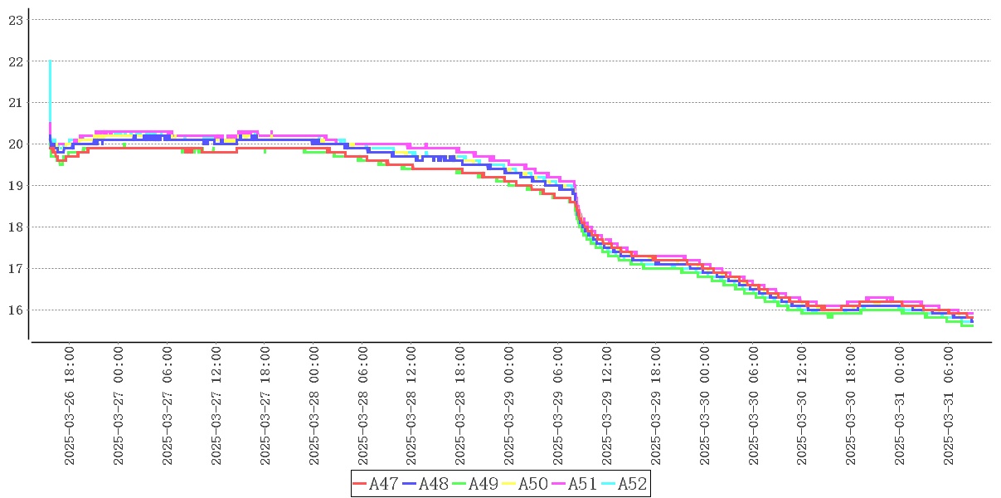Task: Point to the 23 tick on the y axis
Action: tap(15, 20)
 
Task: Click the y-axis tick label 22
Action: tap(15, 61)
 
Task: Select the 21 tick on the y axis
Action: tap(15, 103)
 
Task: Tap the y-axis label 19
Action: tap(15, 186)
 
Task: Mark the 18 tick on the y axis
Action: tap(15, 227)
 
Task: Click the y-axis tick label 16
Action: tap(15, 310)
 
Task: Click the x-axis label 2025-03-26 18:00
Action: tap(70, 406)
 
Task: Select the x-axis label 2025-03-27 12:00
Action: tap(216, 406)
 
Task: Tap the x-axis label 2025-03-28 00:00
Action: tap(314, 406)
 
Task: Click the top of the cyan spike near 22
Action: tap(51, 61)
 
